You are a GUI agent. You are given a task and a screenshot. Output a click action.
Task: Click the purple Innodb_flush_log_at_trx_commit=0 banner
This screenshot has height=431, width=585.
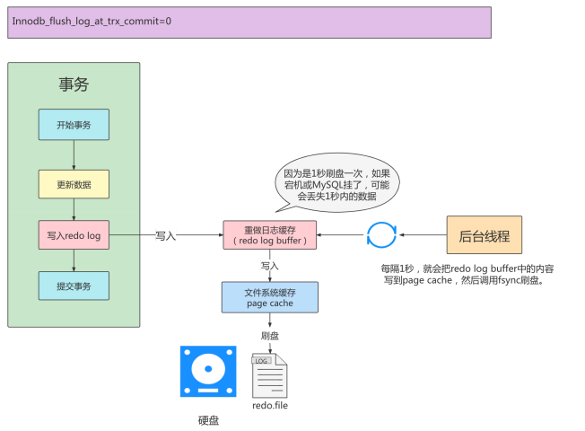pos(250,22)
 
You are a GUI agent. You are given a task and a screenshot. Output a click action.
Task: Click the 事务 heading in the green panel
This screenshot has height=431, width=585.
pos(74,84)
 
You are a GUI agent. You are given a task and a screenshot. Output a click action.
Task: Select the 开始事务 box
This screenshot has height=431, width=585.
pos(74,124)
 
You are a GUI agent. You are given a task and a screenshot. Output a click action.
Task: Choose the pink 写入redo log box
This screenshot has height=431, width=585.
pos(74,235)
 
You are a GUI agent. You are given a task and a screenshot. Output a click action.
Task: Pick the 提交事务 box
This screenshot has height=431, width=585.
pos(74,286)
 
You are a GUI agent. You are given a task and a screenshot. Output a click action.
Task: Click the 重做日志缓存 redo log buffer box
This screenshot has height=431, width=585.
pos(269,235)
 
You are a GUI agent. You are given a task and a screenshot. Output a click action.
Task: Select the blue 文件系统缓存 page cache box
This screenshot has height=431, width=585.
pos(269,297)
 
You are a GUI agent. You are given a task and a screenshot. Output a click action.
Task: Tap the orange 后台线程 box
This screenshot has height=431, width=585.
pos(485,235)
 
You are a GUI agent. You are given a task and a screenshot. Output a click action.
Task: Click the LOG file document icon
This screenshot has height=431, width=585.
pos(269,375)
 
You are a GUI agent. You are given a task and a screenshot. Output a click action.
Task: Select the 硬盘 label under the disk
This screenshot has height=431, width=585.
pos(208,418)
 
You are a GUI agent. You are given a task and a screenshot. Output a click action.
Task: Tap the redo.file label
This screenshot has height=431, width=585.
pos(270,406)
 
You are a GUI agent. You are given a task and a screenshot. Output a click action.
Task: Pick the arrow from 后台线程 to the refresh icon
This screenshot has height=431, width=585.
pos(423,235)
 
